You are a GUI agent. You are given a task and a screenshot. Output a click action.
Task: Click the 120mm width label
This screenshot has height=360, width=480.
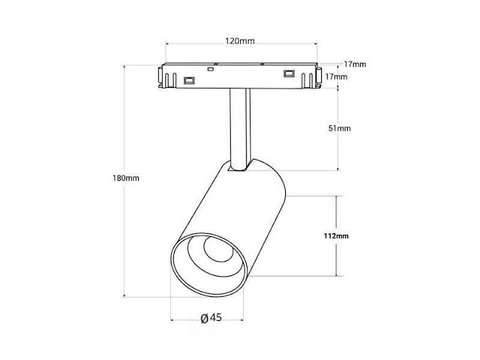[240, 40]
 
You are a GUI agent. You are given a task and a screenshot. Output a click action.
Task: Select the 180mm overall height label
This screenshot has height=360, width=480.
[126, 178]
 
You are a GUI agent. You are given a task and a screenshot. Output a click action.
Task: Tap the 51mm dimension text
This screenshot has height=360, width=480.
[340, 128]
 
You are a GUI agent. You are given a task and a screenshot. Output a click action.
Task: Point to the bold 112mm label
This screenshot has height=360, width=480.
[336, 235]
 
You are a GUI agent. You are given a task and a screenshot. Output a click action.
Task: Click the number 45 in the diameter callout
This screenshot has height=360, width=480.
[216, 317]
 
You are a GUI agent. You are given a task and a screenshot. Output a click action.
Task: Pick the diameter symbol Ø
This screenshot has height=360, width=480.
[205, 318]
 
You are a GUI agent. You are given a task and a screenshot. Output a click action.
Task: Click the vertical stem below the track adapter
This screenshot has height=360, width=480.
[240, 128]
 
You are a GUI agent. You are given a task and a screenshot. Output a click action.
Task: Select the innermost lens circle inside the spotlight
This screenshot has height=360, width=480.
[218, 248]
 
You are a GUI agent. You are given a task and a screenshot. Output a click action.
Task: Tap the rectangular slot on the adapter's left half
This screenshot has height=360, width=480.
[189, 80]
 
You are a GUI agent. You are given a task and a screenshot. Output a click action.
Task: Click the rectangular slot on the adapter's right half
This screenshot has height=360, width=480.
[289, 73]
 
